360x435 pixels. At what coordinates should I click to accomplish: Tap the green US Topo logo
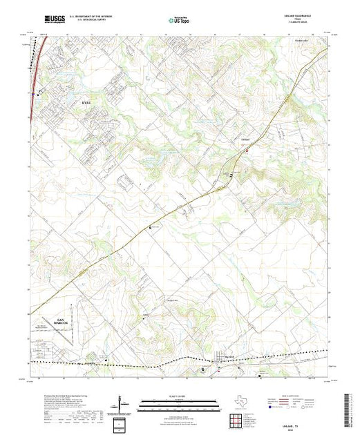point(180,21)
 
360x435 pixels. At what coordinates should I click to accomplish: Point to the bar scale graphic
point(180,403)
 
